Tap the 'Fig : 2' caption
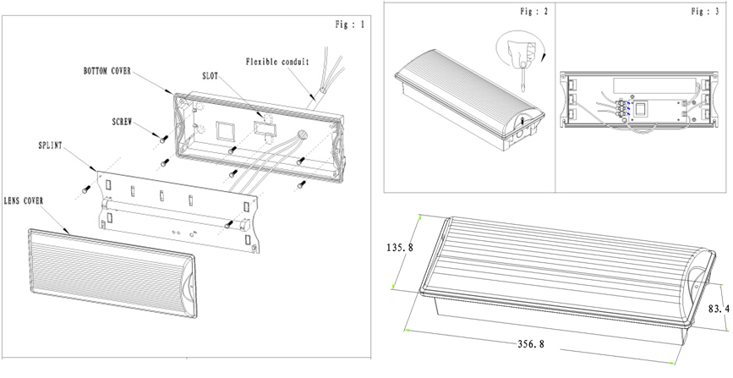[532, 12]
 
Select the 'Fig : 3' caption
[707, 12]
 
